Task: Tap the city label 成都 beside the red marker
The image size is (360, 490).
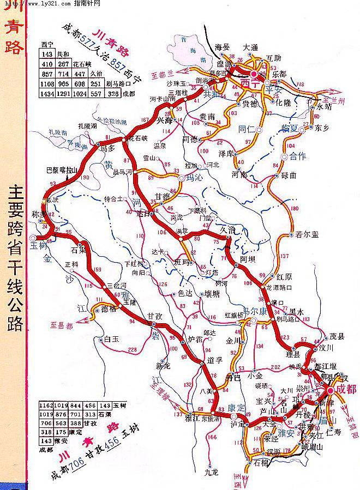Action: tap(346, 389)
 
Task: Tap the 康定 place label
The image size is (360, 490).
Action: tap(237, 407)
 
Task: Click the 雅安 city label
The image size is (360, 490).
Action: tap(286, 434)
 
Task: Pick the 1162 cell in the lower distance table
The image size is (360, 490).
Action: tap(47, 406)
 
